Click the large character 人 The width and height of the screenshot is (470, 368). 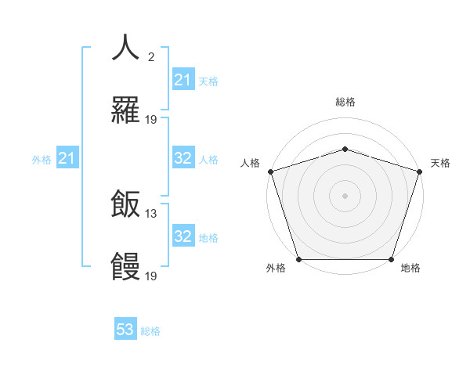(x=125, y=48)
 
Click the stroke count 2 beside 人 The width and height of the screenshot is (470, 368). (x=151, y=56)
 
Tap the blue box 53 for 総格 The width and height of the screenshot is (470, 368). (x=125, y=330)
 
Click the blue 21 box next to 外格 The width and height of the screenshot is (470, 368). (x=67, y=160)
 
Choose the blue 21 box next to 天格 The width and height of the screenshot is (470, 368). (x=183, y=81)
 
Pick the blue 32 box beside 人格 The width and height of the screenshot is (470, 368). (x=183, y=159)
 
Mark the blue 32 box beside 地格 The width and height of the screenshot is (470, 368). (x=183, y=237)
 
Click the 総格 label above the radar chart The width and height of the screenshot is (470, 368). (x=345, y=102)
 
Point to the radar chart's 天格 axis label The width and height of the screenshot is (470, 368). (x=440, y=163)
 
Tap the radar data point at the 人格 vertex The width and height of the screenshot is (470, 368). (x=270, y=171)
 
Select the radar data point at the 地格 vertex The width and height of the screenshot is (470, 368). (x=391, y=259)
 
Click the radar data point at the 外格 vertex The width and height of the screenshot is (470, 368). (x=298, y=259)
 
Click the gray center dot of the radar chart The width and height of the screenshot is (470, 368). (x=345, y=196)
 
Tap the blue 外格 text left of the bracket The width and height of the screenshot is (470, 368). (x=42, y=160)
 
